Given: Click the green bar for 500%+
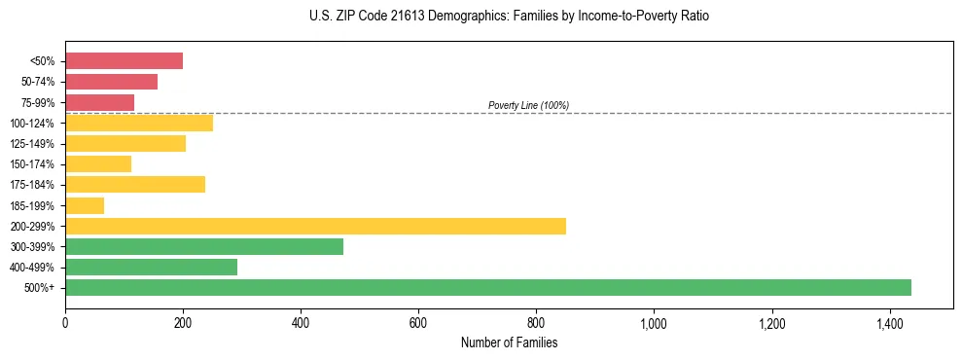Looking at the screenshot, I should [x=487, y=287].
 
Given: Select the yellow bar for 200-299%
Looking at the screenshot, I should [x=315, y=226].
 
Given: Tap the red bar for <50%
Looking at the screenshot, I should [x=124, y=61].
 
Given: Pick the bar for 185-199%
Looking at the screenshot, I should [x=85, y=205].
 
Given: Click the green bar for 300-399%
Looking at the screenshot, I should [x=204, y=246].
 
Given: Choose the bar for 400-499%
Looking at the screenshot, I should [x=151, y=267].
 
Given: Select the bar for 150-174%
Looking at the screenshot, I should [x=98, y=164].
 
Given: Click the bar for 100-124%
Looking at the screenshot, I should [x=139, y=123].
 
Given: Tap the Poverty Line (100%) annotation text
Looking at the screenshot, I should [x=528, y=105].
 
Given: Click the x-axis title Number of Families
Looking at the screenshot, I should [x=509, y=342].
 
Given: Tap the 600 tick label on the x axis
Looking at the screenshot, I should [x=418, y=323].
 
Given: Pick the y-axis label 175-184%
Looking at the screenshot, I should [x=32, y=185].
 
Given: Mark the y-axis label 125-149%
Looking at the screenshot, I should [x=32, y=144].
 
